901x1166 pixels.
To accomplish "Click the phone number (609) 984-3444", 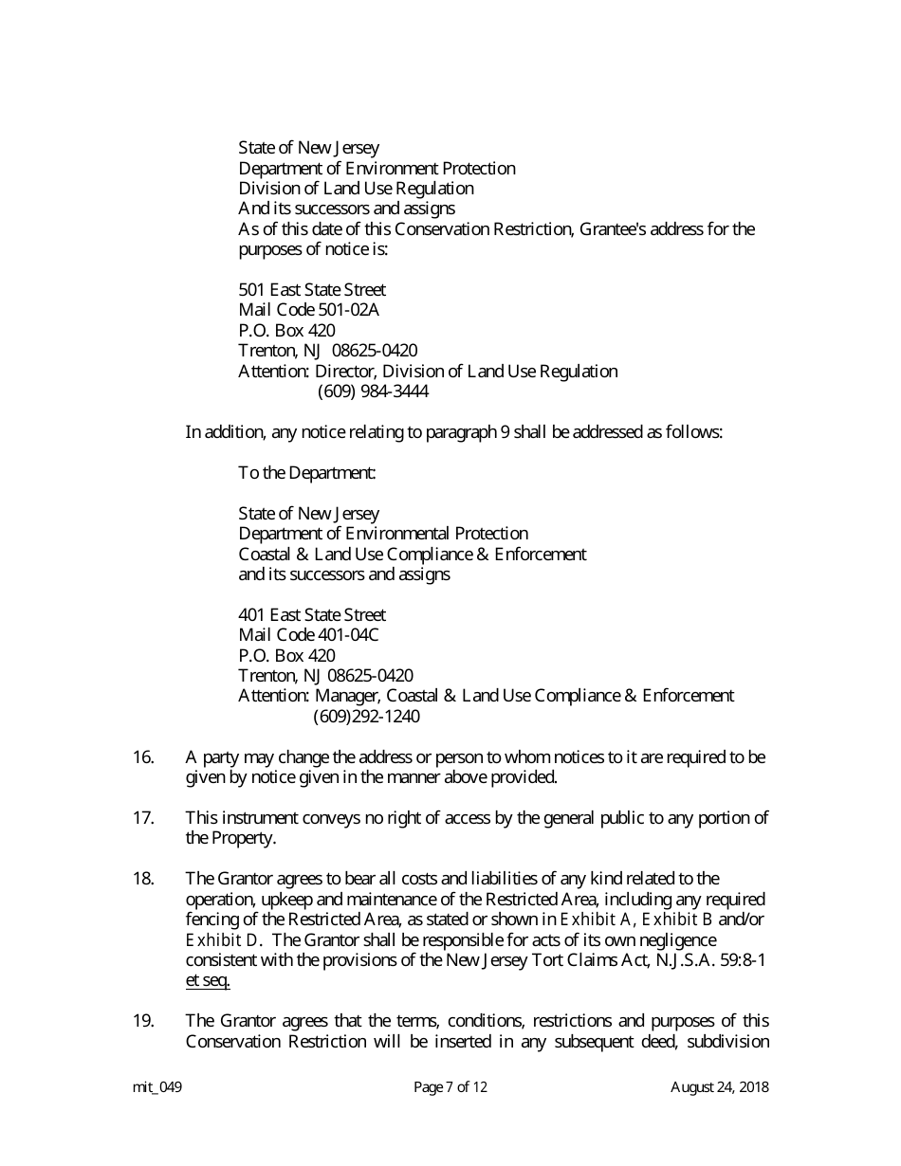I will click(x=373, y=392).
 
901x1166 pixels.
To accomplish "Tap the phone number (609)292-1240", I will click(x=366, y=717).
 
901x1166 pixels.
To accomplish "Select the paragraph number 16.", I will click(x=143, y=757).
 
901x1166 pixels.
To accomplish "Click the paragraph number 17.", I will click(x=143, y=818).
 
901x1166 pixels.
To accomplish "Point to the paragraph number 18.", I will click(x=143, y=879).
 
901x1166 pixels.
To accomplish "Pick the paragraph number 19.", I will click(x=143, y=1021).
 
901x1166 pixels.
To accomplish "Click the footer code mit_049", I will click(x=157, y=1087).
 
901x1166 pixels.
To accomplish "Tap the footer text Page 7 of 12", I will click(x=450, y=1087).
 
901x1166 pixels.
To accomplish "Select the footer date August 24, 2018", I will click(x=720, y=1087).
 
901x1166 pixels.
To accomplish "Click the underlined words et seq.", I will click(x=208, y=981).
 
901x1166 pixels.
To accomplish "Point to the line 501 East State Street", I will click(x=312, y=290).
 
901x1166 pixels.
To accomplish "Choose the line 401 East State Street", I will click(x=312, y=615).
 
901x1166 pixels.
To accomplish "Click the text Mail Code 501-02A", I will click(x=309, y=310).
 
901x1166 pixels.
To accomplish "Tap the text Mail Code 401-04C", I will click(x=308, y=635).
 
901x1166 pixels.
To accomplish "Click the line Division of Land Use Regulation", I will click(x=356, y=189).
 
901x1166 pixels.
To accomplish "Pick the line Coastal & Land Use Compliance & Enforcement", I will click(x=413, y=554).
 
